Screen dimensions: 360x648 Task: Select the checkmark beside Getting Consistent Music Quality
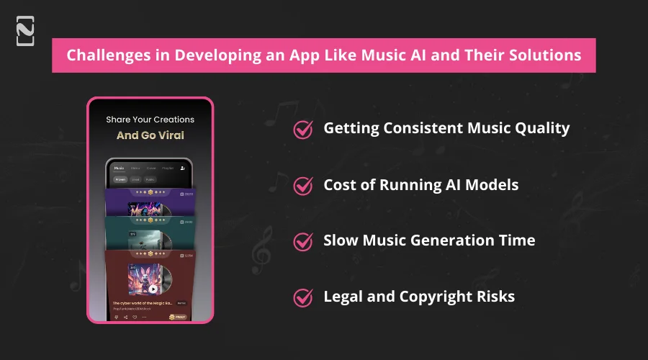(x=303, y=129)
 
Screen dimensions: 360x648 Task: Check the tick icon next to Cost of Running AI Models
(x=303, y=185)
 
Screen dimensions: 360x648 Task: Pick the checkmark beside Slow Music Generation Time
(x=303, y=241)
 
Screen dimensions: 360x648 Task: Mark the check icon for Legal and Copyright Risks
(x=303, y=297)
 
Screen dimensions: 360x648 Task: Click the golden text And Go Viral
(x=150, y=135)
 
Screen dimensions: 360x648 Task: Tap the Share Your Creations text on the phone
(x=150, y=120)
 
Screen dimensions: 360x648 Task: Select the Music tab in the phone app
(x=119, y=168)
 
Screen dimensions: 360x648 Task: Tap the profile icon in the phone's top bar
(x=182, y=168)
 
